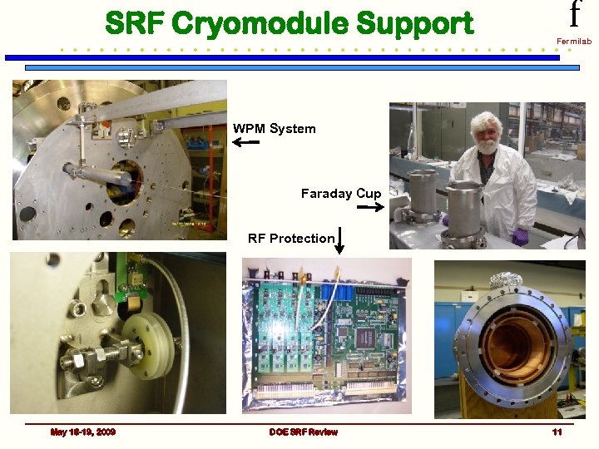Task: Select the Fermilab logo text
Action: coord(573,41)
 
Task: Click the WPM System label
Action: coord(274,129)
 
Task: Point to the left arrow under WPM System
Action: coord(245,143)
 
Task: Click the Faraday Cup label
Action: coord(340,194)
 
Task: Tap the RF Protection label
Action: coord(290,239)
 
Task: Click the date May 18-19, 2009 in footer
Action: coord(83,432)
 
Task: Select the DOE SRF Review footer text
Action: coord(303,432)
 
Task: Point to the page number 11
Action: coord(557,432)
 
